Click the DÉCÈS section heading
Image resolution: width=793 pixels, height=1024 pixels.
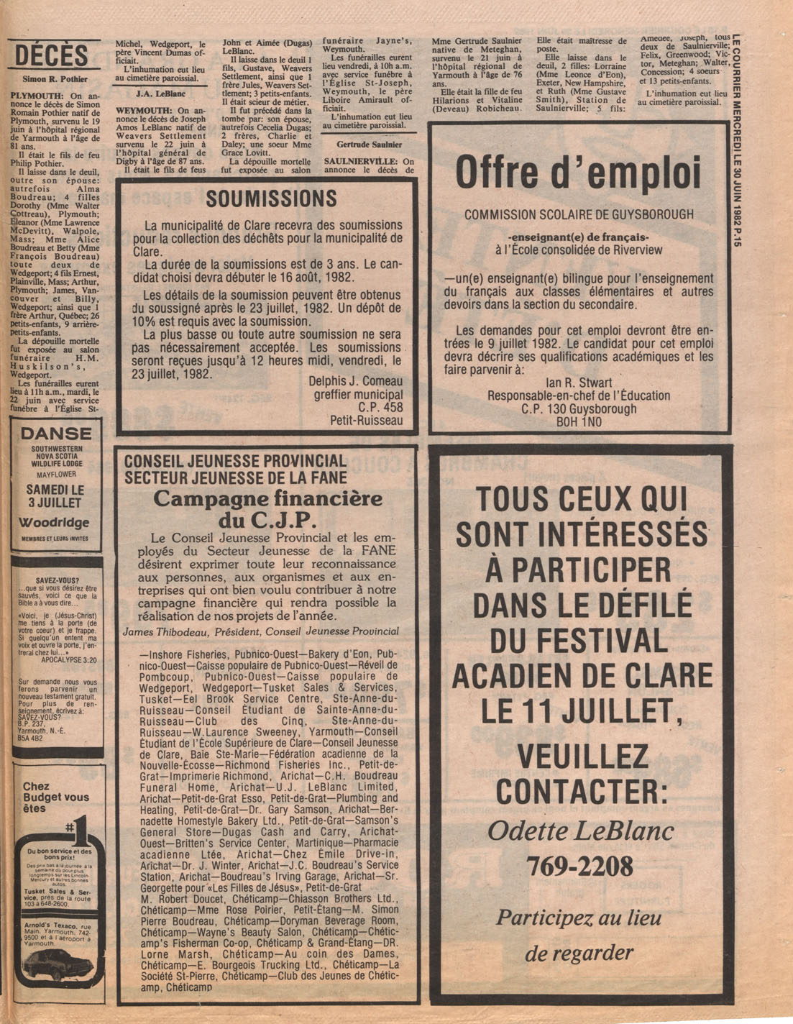tap(52, 55)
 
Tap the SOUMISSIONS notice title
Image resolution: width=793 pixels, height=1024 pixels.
tap(271, 199)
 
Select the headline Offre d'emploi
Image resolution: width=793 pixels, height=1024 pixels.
tap(578, 173)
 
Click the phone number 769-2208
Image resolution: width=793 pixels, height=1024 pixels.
tap(579, 866)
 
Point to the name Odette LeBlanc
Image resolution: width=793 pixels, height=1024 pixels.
tap(581, 831)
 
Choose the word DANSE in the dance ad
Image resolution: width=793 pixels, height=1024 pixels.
tap(56, 434)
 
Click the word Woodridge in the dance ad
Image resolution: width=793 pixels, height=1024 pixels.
tap(54, 523)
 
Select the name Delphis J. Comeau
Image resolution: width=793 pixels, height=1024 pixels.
tap(355, 381)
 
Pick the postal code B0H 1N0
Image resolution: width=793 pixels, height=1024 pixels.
tap(579, 423)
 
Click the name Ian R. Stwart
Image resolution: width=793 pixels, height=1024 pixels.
tap(579, 383)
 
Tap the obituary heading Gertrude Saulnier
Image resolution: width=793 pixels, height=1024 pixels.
tap(369, 145)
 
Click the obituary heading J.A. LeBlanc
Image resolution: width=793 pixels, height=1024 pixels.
tap(161, 93)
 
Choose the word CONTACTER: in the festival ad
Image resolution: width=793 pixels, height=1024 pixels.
tap(581, 792)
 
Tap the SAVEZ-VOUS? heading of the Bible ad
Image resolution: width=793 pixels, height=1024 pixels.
tap(58, 580)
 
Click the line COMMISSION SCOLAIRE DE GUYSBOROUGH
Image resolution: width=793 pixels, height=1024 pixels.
tap(579, 214)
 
